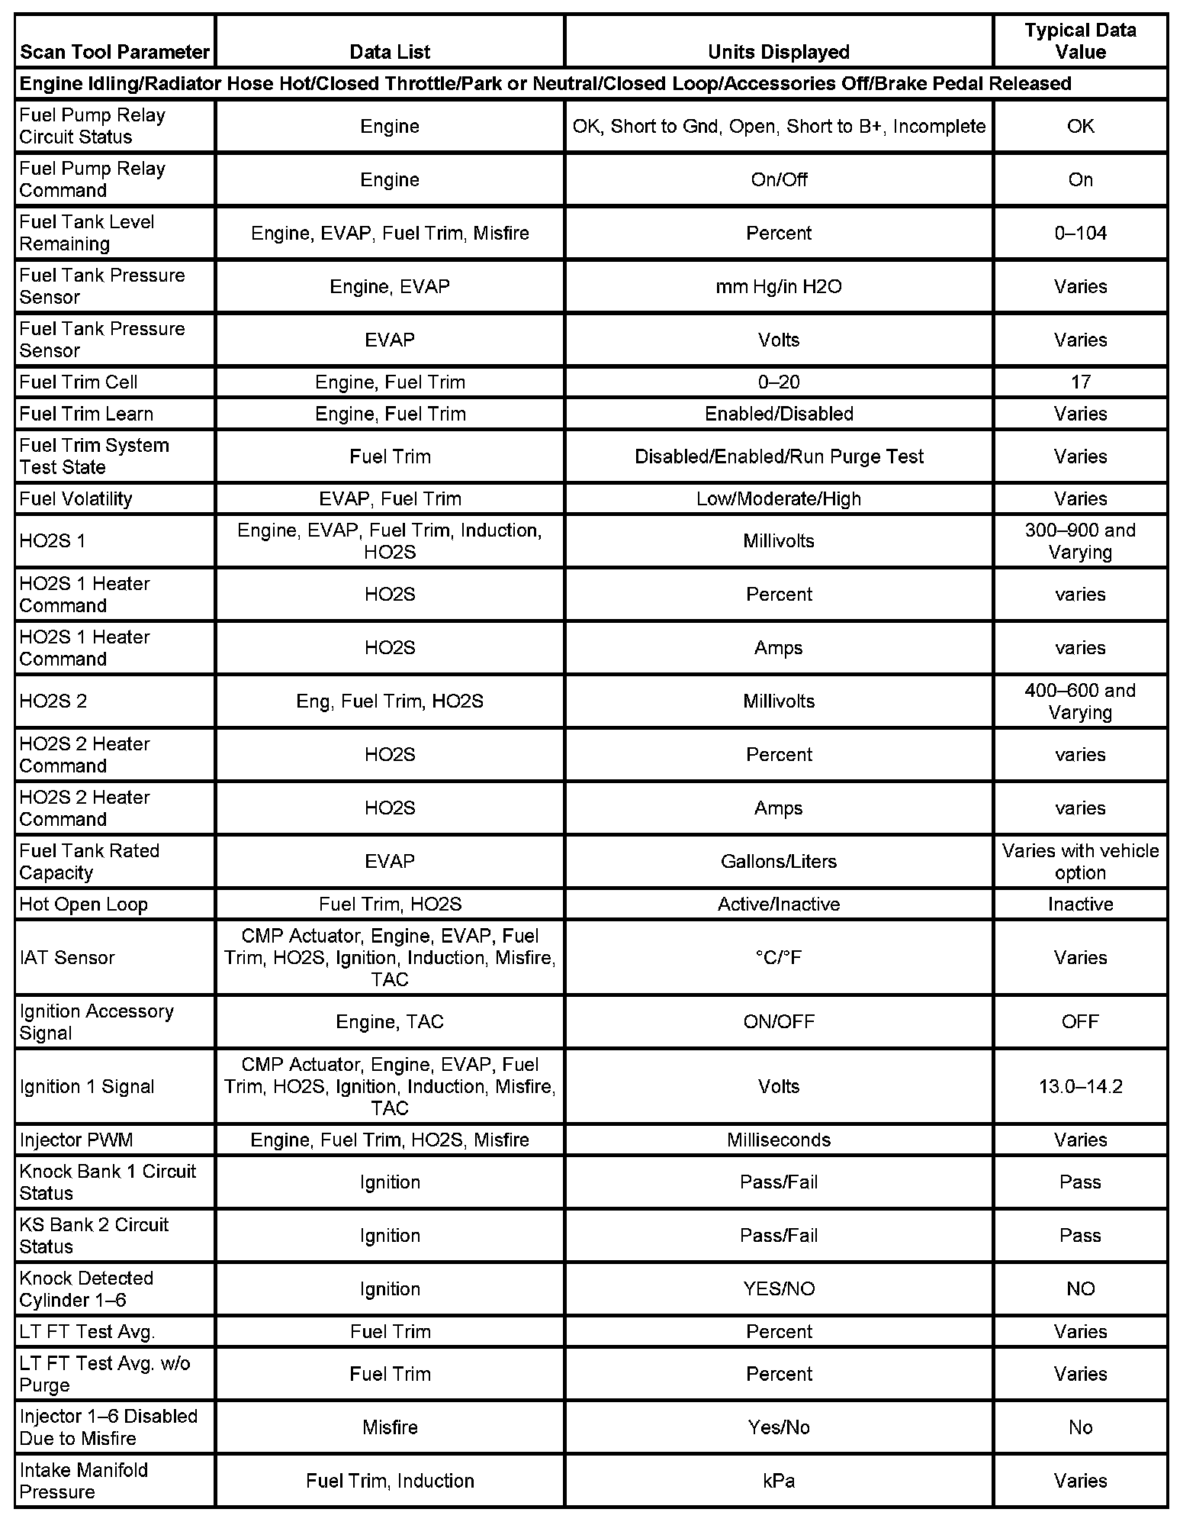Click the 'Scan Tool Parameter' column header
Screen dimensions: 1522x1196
tap(114, 52)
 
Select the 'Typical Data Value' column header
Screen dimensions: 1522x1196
tap(1080, 41)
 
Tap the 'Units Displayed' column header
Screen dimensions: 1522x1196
tap(778, 52)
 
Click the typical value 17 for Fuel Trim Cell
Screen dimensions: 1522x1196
tap(1080, 382)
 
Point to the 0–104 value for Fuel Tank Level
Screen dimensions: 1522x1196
tap(1080, 233)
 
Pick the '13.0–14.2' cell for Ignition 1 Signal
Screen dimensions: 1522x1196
tap(1080, 1086)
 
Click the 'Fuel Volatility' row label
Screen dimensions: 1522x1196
tap(76, 498)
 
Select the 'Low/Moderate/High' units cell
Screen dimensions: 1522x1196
tap(778, 498)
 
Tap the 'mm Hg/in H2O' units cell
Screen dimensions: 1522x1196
tap(778, 286)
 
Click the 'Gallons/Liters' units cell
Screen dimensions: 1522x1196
tap(778, 861)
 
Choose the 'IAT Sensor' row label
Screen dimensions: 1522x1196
tap(67, 957)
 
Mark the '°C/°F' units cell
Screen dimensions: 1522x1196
tap(778, 957)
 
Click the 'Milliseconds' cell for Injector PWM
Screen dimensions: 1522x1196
tap(778, 1140)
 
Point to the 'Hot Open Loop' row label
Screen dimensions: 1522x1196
tap(84, 904)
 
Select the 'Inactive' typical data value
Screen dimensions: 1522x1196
tap(1080, 904)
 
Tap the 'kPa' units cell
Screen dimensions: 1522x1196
tap(778, 1481)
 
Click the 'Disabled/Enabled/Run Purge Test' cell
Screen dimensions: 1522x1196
tap(778, 456)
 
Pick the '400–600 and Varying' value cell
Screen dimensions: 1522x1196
tap(1080, 701)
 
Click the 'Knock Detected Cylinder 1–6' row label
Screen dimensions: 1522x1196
tap(86, 1288)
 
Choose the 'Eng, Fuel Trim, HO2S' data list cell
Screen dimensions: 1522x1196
tap(390, 701)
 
